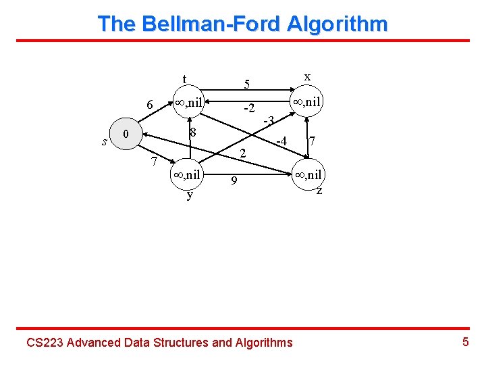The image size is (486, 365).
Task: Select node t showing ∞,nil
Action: point(189,103)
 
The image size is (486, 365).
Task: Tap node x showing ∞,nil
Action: point(307,103)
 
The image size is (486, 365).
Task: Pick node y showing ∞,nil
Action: point(188,174)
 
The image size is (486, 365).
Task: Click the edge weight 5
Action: point(247,84)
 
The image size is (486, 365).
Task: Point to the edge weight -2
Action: point(248,108)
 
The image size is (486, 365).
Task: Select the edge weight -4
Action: point(281,141)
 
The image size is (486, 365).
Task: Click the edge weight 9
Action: point(233,180)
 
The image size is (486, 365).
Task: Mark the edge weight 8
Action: point(192,132)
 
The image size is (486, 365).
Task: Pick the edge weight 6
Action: point(150,105)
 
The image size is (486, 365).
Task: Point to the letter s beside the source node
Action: point(104,142)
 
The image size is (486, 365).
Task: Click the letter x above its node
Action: point(307,77)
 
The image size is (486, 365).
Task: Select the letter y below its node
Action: point(190,195)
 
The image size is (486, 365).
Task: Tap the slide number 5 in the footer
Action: point(465,341)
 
